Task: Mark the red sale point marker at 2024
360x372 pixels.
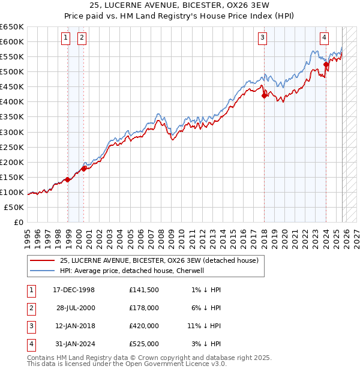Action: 326,64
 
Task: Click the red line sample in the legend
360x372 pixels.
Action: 42,261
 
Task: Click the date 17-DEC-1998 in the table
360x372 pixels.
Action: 74,290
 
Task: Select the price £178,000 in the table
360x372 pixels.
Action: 144,308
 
